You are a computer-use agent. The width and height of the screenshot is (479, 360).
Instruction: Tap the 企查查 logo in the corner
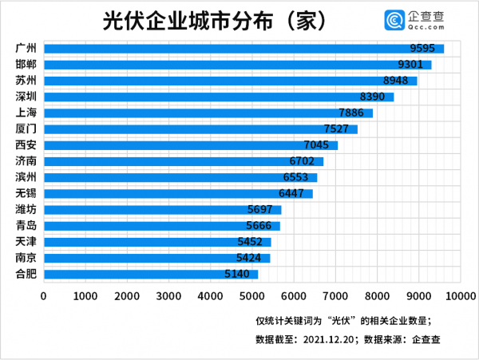[x=419, y=18]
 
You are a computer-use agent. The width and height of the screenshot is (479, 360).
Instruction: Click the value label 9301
[x=412, y=64]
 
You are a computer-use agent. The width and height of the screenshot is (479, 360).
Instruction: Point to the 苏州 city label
[x=26, y=80]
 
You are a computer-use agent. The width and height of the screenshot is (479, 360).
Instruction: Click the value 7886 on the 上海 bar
[x=354, y=113]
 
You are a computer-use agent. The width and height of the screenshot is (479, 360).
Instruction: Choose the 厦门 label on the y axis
[x=26, y=129]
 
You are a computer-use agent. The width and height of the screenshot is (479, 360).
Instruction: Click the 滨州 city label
[x=26, y=177]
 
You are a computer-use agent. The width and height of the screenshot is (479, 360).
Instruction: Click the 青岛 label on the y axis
[x=26, y=226]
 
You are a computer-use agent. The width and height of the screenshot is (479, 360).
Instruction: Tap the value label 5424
[x=251, y=258]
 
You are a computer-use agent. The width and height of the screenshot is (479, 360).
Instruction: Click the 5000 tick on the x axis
[x=251, y=296]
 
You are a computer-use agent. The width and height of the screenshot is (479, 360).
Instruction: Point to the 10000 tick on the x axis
[x=460, y=296]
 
